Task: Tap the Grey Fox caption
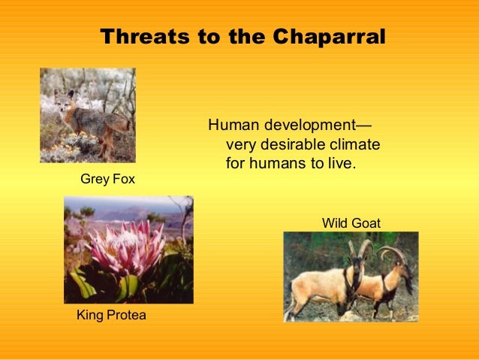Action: tap(107, 180)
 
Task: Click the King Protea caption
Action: tap(111, 315)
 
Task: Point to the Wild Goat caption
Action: tap(351, 223)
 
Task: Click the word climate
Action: tap(355, 144)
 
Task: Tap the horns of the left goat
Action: tap(359, 247)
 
